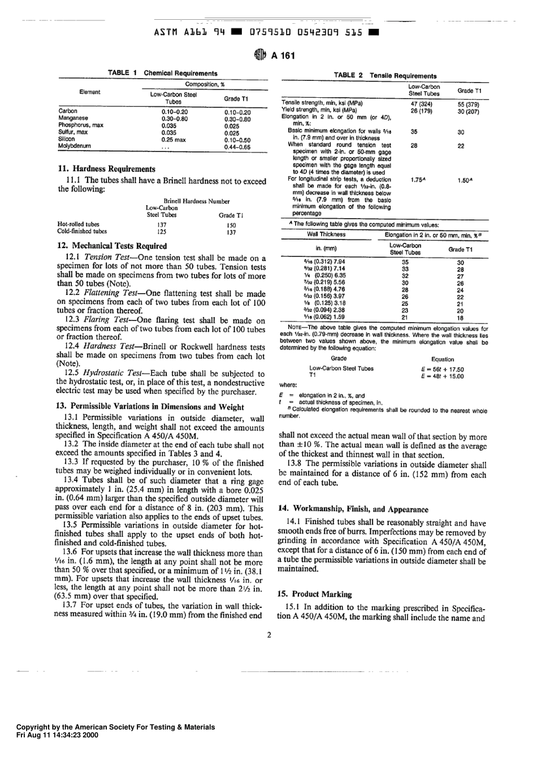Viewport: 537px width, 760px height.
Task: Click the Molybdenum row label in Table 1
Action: click(x=75, y=146)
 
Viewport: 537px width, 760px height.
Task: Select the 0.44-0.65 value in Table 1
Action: click(x=237, y=147)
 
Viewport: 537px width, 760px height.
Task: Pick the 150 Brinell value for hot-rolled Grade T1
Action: click(x=231, y=225)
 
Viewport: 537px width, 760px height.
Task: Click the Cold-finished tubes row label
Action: click(x=82, y=231)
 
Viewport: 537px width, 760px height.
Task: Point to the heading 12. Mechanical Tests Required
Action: click(x=112, y=246)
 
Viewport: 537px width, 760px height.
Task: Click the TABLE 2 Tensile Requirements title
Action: click(x=385, y=76)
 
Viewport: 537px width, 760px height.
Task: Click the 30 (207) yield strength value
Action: click(x=468, y=111)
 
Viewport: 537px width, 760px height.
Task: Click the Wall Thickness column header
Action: click(x=326, y=234)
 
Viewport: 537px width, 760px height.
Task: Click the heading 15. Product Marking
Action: click(x=315, y=594)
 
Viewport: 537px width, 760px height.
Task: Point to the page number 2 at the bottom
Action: click(x=269, y=635)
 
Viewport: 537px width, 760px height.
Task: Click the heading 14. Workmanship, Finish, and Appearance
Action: click(x=353, y=509)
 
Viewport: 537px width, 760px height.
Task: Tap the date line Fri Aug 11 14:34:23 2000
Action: click(x=57, y=736)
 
